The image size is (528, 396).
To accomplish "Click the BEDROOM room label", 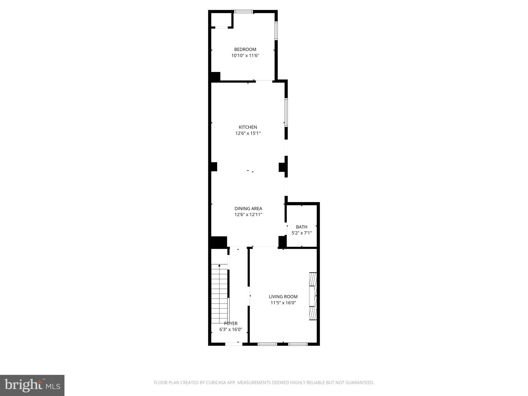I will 245,49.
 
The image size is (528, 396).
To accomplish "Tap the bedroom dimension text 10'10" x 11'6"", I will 245,55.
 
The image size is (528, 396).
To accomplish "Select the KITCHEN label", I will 248,127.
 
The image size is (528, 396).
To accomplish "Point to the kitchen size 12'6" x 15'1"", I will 248,133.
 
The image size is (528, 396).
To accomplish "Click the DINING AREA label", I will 248,209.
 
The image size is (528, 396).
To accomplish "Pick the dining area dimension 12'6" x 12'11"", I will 248,214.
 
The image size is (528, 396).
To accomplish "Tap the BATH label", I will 301,227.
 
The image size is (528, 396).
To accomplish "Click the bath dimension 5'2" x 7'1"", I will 301,233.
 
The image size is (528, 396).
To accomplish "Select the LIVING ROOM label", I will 283,297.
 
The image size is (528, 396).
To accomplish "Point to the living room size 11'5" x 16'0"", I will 283,303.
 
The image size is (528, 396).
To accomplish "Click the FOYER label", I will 231,324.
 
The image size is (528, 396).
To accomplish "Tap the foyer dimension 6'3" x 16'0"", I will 231,329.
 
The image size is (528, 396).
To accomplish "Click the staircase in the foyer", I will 219,294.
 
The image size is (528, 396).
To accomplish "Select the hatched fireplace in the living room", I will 313,296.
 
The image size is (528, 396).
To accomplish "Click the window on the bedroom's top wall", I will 243,12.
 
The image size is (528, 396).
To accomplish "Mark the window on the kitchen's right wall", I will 286,112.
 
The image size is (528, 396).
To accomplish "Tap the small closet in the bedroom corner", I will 221,20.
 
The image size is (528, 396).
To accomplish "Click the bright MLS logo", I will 32,385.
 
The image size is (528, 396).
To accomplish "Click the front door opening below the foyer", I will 234,344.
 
